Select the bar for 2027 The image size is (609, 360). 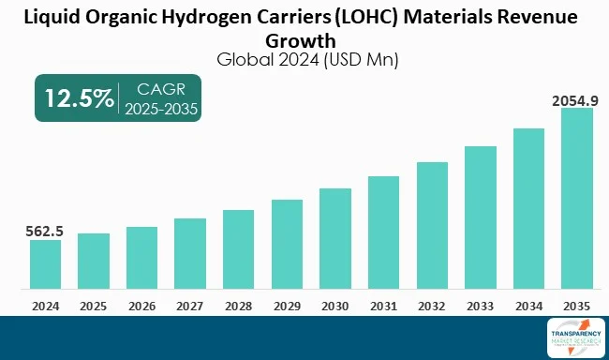(x=190, y=254)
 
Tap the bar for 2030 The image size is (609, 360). (x=335, y=239)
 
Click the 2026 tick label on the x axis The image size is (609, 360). (x=141, y=306)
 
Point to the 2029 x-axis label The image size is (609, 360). (x=287, y=306)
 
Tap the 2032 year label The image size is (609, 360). (x=432, y=306)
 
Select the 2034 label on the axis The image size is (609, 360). (x=528, y=306)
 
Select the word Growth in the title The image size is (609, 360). (x=304, y=40)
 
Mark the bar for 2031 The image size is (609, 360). (x=383, y=233)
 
